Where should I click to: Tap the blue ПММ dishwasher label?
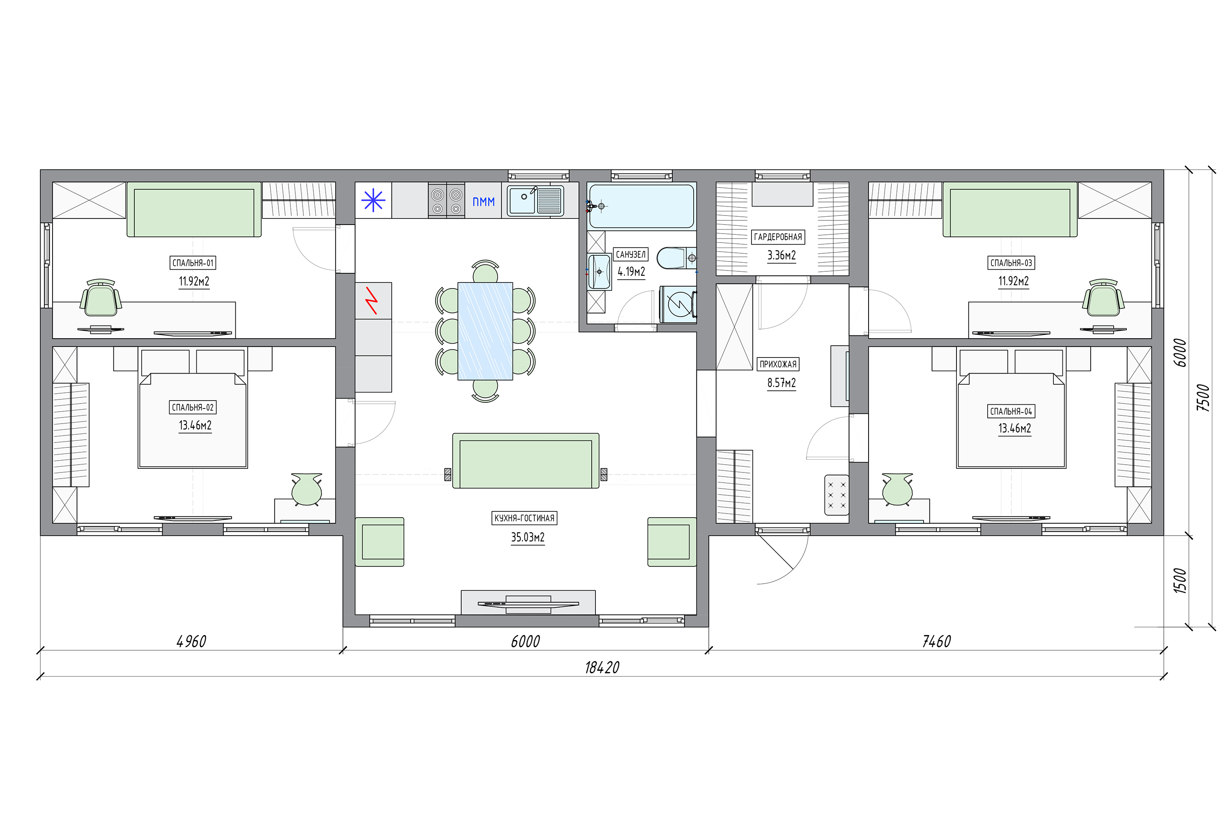(483, 202)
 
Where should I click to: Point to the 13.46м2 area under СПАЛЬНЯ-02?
(195, 425)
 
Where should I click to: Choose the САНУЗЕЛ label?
(631, 255)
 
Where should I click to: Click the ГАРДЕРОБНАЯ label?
(778, 237)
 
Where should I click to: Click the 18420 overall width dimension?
(602, 667)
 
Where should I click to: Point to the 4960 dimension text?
(191, 641)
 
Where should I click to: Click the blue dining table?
(485, 331)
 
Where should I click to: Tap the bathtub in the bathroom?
(641, 206)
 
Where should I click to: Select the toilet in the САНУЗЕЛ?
(676, 258)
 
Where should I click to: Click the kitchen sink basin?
(523, 201)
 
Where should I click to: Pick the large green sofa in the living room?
(525, 461)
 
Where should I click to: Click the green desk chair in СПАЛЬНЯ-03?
(1103, 298)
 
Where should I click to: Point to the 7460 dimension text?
(936, 641)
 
